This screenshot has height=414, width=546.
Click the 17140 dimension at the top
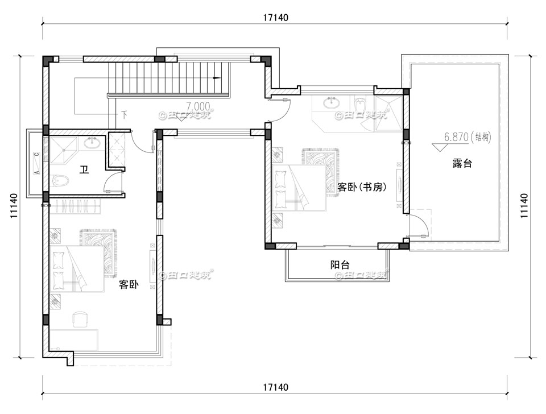pos(276,18)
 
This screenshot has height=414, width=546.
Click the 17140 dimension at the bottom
pos(276,387)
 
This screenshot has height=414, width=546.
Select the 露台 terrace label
pos(462,164)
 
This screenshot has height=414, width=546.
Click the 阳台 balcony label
pos(340,264)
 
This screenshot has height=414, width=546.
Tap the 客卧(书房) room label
pos(362,187)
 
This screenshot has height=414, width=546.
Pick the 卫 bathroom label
pos(84,169)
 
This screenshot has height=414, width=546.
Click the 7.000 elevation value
pos(197,106)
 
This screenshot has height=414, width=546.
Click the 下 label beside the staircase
pos(124,114)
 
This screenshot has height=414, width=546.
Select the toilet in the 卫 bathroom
pos(60,181)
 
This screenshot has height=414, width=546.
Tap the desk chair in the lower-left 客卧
pos(80,318)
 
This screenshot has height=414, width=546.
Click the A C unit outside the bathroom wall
pos(36,163)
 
